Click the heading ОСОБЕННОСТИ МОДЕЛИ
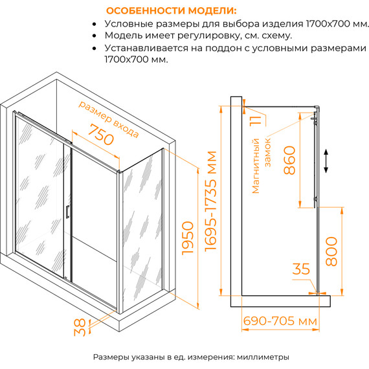[x=171, y=11]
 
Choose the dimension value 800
[x=332, y=251]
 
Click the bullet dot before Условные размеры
[x=96, y=23]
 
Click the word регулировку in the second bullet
[x=204, y=36]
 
